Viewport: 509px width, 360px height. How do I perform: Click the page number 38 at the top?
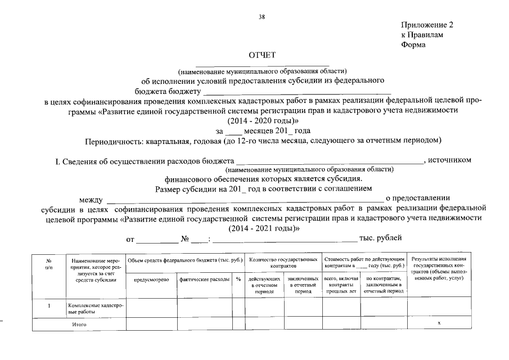click(x=262, y=16)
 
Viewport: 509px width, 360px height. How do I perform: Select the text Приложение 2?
click(x=426, y=25)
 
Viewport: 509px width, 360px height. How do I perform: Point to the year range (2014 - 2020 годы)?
click(x=263, y=121)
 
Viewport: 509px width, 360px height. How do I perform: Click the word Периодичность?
click(x=114, y=140)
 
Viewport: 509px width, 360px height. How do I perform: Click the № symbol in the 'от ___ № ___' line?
click(x=184, y=240)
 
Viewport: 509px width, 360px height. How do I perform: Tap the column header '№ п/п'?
click(x=49, y=264)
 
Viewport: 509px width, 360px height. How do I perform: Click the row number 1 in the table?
click(x=49, y=306)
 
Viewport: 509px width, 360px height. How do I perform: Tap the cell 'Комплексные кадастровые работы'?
click(x=95, y=308)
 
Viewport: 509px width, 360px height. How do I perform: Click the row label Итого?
click(x=79, y=325)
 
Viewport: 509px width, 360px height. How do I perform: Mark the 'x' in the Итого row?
click(x=439, y=323)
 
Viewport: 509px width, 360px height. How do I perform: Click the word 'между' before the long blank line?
click(x=91, y=199)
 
